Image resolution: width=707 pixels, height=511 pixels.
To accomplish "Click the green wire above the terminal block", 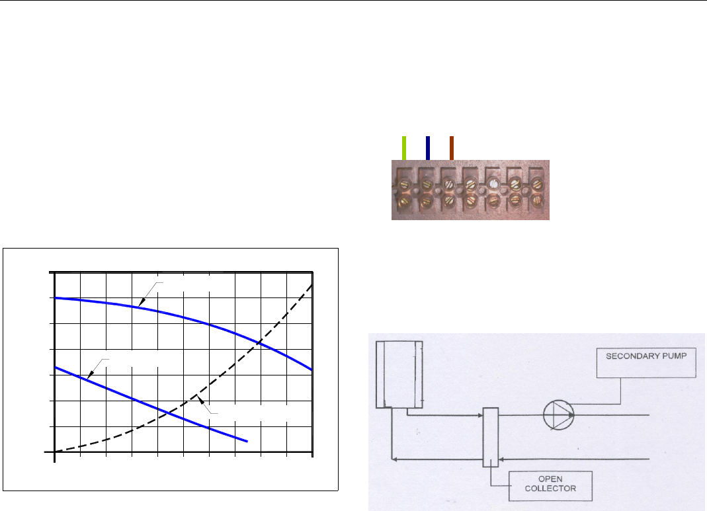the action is point(404,148).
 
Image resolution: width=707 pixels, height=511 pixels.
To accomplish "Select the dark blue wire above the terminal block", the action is point(428,148).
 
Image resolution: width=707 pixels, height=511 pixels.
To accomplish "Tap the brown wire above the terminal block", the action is point(452,148).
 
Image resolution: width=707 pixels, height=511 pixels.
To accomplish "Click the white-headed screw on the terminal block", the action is point(493,184).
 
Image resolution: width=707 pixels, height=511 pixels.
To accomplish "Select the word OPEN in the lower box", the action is point(550,479).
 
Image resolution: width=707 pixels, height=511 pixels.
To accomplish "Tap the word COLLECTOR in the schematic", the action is point(550,489).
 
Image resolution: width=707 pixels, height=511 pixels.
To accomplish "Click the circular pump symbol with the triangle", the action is point(559,414).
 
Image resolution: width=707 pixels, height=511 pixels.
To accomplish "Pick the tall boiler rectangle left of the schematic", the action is point(399,374).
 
